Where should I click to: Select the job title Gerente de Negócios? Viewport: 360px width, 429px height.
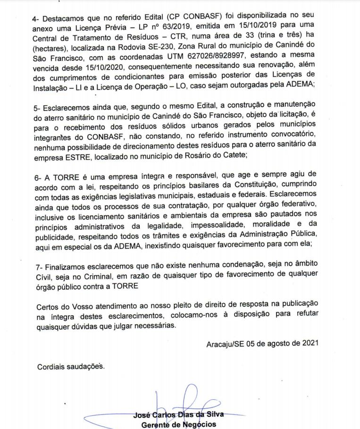coord(179,424)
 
